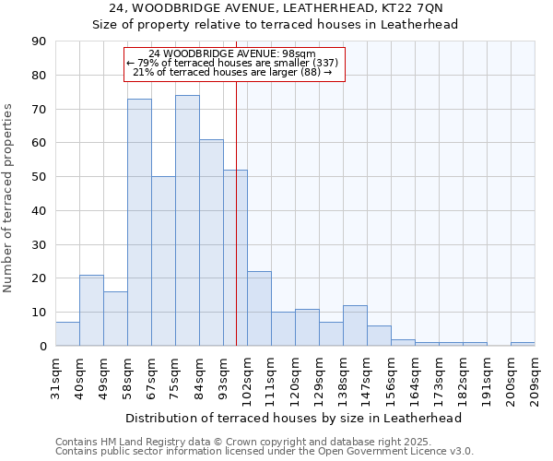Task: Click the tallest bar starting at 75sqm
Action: (187, 220)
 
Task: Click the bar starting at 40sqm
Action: (91, 310)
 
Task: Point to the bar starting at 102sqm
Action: (259, 309)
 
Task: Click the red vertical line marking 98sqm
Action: (237, 230)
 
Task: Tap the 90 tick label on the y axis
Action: (39, 41)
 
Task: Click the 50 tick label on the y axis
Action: (39, 177)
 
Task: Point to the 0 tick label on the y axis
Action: (42, 347)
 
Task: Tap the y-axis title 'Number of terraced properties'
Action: (9, 198)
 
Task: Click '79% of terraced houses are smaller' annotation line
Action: (233, 63)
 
